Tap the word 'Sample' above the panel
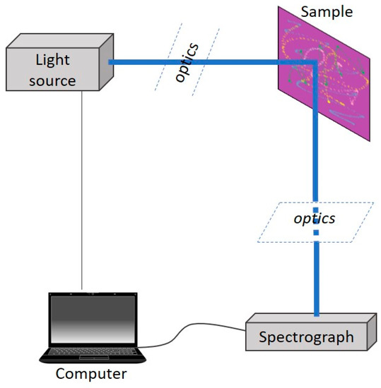327,12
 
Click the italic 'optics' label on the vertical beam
314,218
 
